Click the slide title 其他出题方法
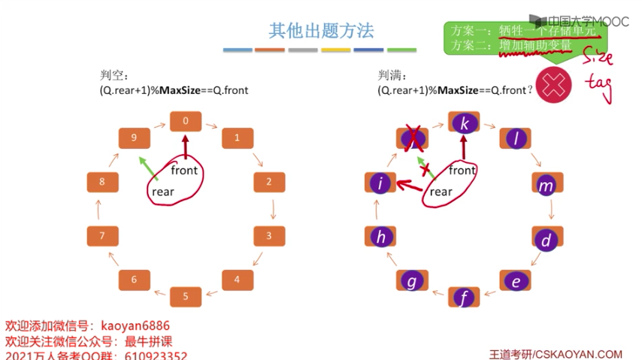tap(321, 31)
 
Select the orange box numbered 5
tap(185, 296)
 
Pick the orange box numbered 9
tap(134, 138)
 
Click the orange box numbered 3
tap(268, 236)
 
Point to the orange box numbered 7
tap(102, 236)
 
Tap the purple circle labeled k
tap(465, 123)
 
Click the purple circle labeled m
tap(547, 185)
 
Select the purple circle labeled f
tap(465, 298)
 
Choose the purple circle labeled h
tap(381, 237)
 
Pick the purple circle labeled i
tap(380, 183)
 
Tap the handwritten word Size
tap(598, 58)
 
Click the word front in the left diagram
tap(184, 170)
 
